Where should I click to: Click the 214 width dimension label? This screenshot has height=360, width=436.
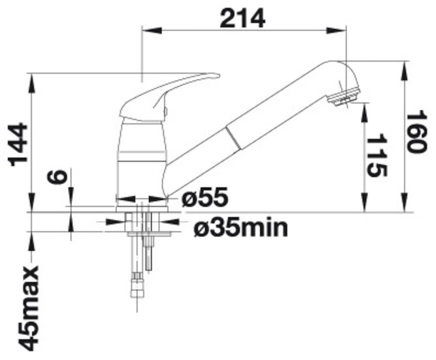coord(243,18)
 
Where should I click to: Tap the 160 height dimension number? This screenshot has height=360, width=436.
coord(416,131)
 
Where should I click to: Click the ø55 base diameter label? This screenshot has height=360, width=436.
coord(205,197)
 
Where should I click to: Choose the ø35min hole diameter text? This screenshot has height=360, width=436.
coord(241,228)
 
